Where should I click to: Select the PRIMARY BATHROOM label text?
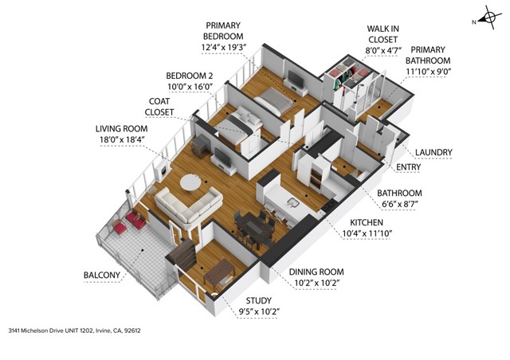[x=429, y=60]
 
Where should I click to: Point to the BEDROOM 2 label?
[x=189, y=76]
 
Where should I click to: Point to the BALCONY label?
[x=102, y=276]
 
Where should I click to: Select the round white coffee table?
[x=191, y=182]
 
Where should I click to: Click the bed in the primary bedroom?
[x=272, y=101]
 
